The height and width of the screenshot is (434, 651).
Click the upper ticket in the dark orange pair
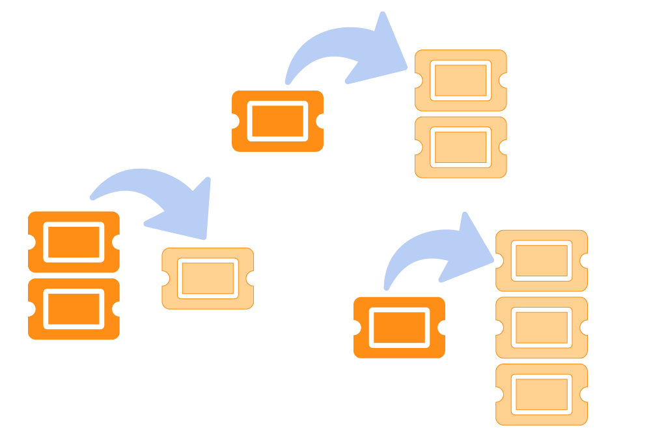point(74,242)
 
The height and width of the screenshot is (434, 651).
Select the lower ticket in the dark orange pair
point(74,309)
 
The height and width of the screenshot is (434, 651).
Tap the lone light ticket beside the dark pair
point(207,278)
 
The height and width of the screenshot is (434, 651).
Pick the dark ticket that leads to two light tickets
point(277,121)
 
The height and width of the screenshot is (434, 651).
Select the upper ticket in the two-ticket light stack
point(460,80)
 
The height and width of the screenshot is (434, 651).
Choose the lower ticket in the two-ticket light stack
point(460,147)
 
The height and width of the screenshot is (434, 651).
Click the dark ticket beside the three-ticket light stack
point(398,327)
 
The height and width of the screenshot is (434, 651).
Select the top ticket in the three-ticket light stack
point(541,260)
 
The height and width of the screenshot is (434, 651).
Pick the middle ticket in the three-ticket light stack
point(541,327)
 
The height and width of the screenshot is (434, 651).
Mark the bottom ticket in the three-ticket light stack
point(541,394)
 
